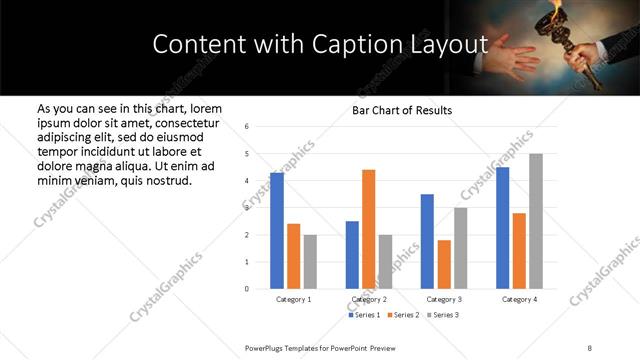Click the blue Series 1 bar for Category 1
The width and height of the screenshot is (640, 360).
click(277, 230)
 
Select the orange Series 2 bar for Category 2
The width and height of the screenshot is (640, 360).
click(368, 229)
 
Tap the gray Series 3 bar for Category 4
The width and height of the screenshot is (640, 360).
click(536, 221)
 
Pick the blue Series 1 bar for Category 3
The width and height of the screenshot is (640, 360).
click(427, 241)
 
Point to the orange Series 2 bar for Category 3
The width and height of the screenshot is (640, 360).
click(444, 264)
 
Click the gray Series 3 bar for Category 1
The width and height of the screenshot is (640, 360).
click(310, 261)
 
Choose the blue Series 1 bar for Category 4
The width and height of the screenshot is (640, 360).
click(502, 228)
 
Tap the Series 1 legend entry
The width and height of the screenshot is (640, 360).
click(362, 315)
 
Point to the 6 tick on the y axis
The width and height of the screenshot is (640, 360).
click(246, 126)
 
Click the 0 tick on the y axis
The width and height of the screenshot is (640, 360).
click(246, 289)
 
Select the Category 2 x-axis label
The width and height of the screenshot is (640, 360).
click(368, 299)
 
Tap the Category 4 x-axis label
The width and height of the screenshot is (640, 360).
click(519, 299)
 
